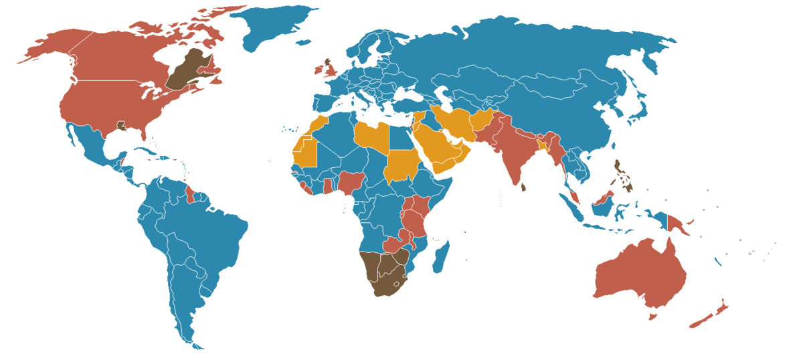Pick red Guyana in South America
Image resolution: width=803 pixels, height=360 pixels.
pos(190,194)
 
